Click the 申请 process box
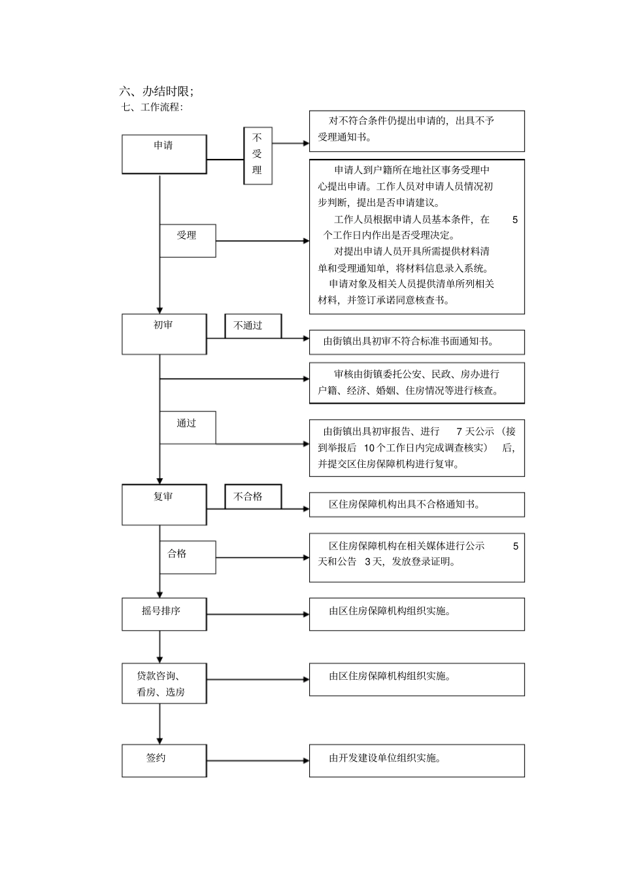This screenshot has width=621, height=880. click(164, 154)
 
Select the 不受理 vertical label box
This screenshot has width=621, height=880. click(258, 156)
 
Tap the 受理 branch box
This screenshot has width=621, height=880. click(188, 241)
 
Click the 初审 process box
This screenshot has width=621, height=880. click(164, 334)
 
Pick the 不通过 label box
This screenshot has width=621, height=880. click(253, 326)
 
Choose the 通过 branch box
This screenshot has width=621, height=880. click(188, 427)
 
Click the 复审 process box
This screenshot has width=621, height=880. click(164, 504)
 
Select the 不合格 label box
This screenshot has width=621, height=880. click(253, 497)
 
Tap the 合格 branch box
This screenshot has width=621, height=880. click(188, 557)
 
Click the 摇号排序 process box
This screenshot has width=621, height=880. click(164, 614)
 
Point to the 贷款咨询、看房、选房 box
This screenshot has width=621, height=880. click(164, 684)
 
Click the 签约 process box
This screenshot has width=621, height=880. click(164, 760)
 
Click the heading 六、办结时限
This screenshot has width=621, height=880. click(156, 91)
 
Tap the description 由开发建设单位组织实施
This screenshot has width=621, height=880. click(385, 758)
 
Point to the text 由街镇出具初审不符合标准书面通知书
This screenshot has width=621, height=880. click(409, 341)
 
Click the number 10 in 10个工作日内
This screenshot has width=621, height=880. click(369, 448)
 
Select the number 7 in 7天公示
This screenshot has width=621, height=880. click(460, 431)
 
